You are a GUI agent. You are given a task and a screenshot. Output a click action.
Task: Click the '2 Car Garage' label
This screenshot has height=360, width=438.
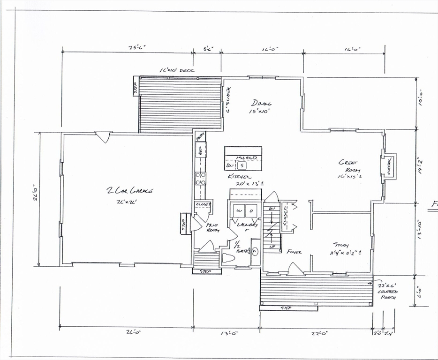(x=130, y=190)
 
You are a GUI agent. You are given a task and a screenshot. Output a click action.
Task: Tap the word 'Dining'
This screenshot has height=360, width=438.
(x=261, y=103)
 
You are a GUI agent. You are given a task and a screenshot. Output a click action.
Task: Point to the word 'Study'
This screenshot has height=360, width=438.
(x=341, y=244)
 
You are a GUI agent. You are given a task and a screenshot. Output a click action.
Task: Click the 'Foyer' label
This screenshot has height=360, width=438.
(x=294, y=252)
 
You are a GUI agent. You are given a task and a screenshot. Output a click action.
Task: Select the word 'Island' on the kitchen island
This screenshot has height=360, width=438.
(x=248, y=158)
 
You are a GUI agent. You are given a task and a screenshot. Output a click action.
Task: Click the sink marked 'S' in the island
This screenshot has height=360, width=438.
(x=242, y=165)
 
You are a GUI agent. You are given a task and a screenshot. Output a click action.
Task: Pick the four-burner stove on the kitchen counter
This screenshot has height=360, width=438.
(x=200, y=179)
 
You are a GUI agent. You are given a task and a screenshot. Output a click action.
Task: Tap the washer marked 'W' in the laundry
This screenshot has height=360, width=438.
(x=239, y=211)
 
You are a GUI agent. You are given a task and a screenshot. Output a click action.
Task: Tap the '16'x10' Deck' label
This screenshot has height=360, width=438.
(x=177, y=70)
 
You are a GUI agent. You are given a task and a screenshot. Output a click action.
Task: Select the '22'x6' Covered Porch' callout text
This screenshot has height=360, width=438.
(x=387, y=291)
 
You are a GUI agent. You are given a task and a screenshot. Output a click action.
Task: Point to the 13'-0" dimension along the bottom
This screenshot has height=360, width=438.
(x=226, y=333)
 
